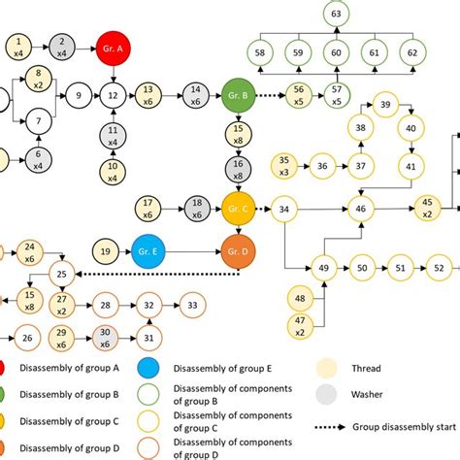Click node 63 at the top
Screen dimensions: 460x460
coord(336,14)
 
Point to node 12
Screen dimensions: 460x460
coord(113,95)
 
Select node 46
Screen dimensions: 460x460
coord(361,208)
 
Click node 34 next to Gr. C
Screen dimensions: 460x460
coord(283,208)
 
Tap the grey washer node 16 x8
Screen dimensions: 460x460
coord(238,168)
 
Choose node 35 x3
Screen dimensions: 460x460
coord(284,166)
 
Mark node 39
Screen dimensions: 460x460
coord(385,105)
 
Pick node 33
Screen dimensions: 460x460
coord(193,306)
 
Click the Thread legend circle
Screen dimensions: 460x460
coord(328,369)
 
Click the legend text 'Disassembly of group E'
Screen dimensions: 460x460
coord(221,369)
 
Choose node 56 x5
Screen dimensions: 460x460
coord(297,95)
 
